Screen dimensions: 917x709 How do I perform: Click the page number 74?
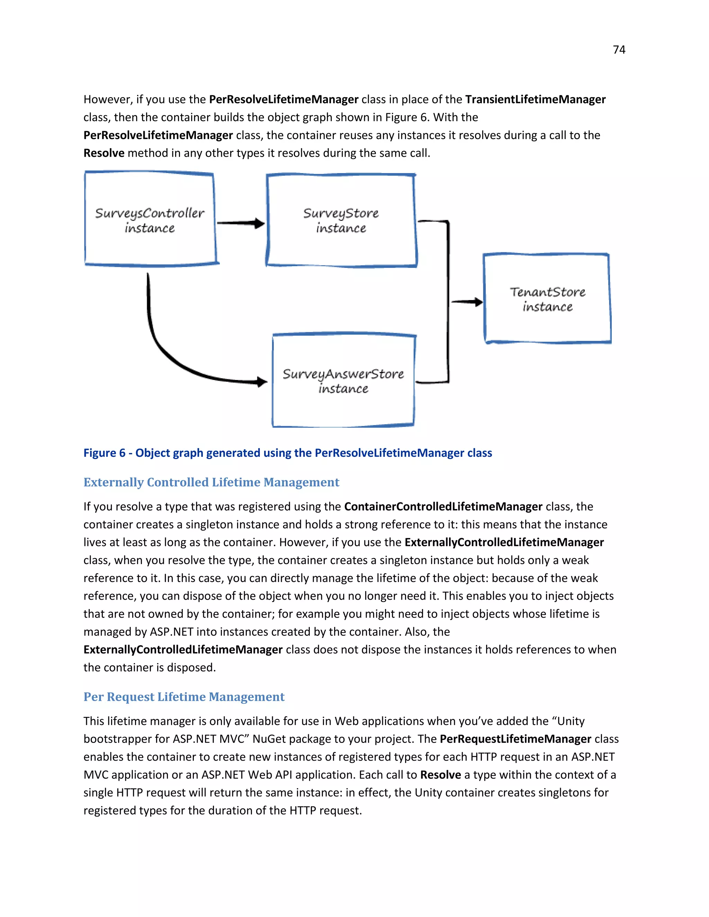(x=619, y=50)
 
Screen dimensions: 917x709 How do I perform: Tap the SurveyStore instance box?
(x=341, y=220)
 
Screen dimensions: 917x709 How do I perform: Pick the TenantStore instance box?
(x=547, y=299)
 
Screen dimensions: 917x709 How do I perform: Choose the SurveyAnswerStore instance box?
(x=343, y=381)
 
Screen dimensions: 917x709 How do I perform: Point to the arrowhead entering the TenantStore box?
(x=478, y=302)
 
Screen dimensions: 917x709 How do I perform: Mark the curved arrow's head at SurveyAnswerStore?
(x=262, y=382)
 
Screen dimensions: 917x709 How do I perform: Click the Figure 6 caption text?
(x=287, y=453)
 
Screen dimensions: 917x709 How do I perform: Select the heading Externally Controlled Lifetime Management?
(x=211, y=482)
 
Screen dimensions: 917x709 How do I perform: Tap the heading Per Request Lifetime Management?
(x=183, y=697)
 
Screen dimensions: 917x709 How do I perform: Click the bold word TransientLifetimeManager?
(x=535, y=100)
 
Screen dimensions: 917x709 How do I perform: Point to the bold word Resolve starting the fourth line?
(x=104, y=153)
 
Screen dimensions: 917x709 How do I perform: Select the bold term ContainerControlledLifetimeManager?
(x=443, y=507)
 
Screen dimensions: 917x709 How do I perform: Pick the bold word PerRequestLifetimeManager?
(x=515, y=739)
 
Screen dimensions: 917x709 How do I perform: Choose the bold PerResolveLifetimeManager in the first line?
(x=284, y=100)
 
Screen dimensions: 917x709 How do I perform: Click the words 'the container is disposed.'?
(x=150, y=668)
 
